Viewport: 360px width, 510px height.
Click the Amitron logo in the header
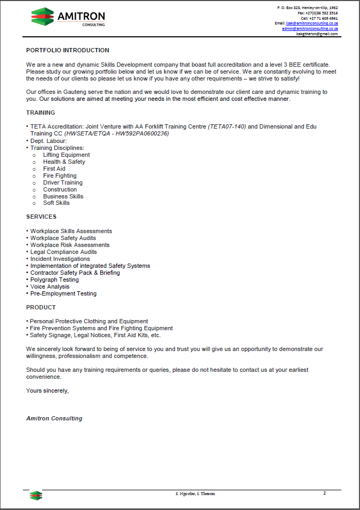(x=68, y=17)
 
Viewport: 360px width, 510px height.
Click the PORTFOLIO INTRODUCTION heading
(x=68, y=50)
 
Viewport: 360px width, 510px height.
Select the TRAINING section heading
(x=41, y=113)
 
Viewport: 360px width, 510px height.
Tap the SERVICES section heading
(x=41, y=217)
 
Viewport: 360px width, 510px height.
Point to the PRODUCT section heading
(x=41, y=307)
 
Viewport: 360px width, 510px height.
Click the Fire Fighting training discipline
(x=60, y=176)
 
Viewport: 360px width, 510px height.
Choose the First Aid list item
(x=54, y=169)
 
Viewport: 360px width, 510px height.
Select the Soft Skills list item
(x=57, y=203)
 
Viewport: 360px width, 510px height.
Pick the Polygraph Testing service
(x=54, y=280)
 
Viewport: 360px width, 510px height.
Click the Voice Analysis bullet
(x=50, y=286)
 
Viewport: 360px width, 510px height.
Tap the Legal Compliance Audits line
(x=63, y=252)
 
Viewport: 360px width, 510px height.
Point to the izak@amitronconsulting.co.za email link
(x=312, y=23)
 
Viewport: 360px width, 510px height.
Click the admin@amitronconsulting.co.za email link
(x=310, y=29)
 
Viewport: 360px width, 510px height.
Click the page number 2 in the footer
(x=324, y=493)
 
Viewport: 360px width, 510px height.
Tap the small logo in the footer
(x=36, y=496)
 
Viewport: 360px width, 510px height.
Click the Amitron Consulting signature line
(x=54, y=418)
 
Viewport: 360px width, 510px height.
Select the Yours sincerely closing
(x=47, y=391)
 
